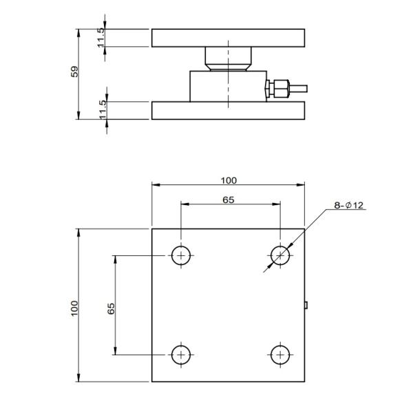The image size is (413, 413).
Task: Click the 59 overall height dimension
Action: point(75,72)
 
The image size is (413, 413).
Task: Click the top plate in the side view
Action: point(228,38)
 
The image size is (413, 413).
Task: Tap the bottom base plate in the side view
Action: point(228,110)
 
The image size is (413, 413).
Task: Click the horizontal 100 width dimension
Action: point(229,180)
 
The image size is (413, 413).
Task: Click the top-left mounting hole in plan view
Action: point(181,255)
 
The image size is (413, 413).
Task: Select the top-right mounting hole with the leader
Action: point(280,255)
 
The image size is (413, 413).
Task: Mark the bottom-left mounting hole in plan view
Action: point(181,354)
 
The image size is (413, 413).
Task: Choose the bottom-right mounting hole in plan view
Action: point(280,354)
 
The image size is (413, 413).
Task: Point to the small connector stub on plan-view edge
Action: point(306,304)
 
